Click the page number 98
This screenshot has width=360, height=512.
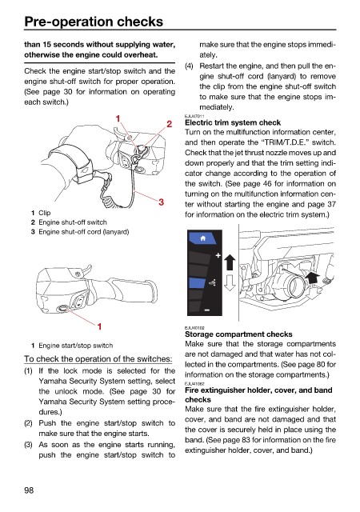[x=29, y=490]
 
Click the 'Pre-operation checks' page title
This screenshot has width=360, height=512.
[x=94, y=22]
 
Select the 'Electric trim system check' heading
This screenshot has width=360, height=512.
[x=233, y=122]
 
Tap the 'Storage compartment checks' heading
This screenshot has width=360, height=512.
[x=238, y=334]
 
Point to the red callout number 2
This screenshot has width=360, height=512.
[x=169, y=124]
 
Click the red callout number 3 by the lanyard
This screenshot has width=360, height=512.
[x=161, y=202]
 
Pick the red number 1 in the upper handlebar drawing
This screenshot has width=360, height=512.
[x=118, y=118]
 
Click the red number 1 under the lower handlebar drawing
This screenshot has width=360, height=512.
[x=99, y=326]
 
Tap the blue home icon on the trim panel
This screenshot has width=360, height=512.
[x=203, y=238]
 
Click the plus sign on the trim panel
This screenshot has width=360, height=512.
[x=218, y=255]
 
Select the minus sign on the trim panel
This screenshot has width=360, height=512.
[x=207, y=310]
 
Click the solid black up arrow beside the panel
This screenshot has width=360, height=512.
[x=230, y=262]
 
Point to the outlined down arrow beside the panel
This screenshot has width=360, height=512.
[x=230, y=282]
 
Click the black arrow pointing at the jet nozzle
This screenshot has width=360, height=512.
[x=312, y=278]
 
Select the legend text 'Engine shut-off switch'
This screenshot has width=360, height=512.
[x=73, y=222]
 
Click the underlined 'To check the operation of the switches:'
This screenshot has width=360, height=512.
[x=98, y=359]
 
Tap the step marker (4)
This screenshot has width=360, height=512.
[x=189, y=66]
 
